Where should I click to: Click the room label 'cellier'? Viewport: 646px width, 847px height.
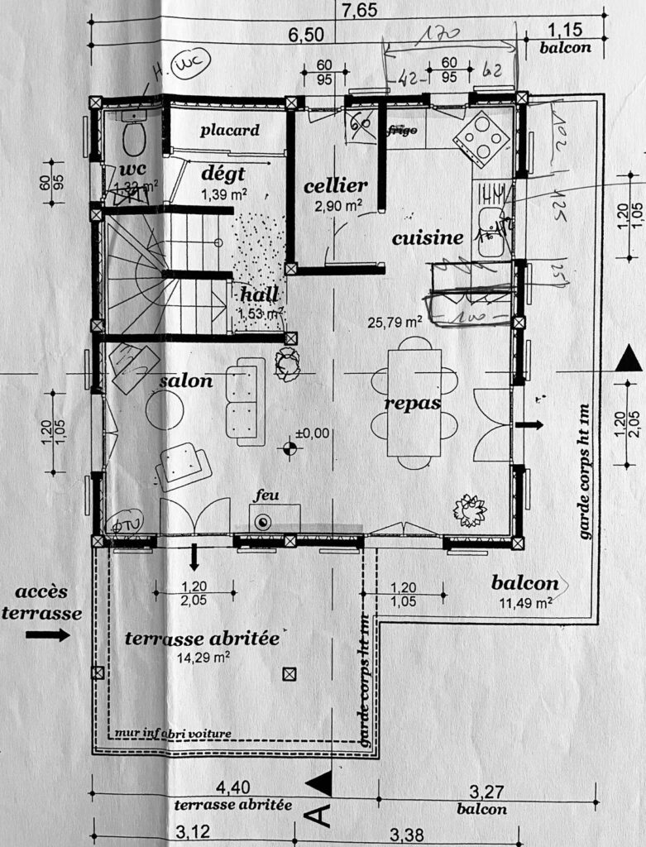(x=335, y=185)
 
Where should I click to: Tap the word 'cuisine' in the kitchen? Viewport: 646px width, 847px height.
(x=427, y=238)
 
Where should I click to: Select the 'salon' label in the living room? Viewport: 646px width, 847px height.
(x=186, y=380)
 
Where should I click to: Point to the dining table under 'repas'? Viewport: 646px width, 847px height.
(x=414, y=403)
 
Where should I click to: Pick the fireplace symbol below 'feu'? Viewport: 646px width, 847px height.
(x=264, y=522)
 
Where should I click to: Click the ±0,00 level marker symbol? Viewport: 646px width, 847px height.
(x=290, y=449)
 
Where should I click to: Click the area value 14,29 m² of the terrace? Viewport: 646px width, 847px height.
(x=203, y=659)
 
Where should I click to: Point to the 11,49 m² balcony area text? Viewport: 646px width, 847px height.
(x=525, y=603)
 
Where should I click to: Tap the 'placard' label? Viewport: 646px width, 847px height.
(x=229, y=130)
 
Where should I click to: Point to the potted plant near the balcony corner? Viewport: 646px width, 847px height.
(x=471, y=510)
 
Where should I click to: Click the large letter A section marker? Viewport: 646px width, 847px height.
(x=320, y=816)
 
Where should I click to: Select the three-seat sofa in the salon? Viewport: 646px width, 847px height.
(x=245, y=401)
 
